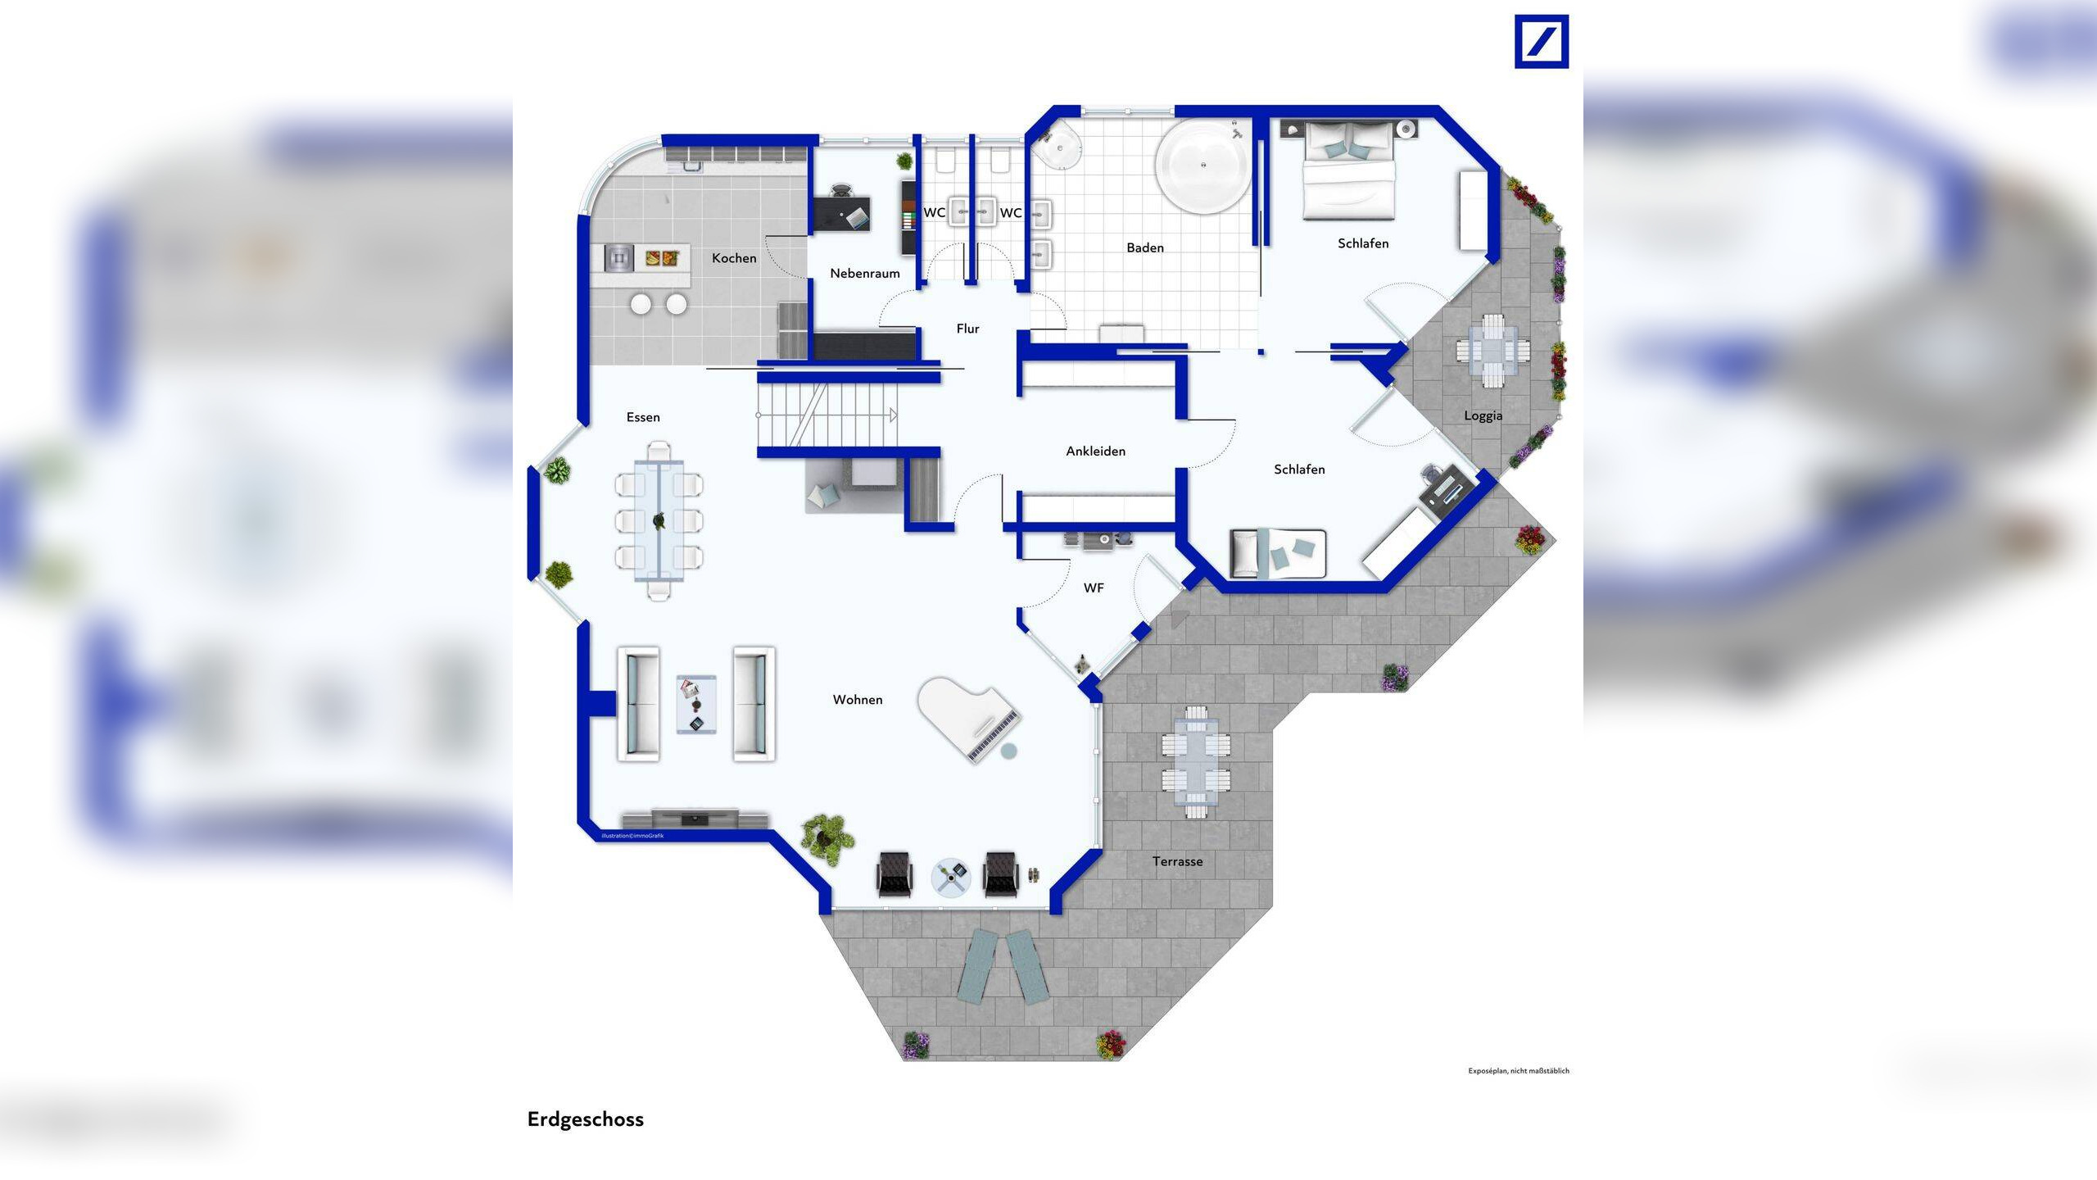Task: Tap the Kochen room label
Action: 734,258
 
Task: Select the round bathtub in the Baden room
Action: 1202,166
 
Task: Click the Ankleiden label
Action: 1095,452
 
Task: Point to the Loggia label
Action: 1483,415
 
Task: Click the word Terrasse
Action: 1177,861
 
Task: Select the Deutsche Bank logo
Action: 1541,41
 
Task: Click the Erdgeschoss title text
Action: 585,1119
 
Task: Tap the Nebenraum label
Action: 864,274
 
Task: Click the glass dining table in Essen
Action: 659,520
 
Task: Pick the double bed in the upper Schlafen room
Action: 1348,172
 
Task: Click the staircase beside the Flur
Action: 827,415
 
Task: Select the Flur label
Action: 967,329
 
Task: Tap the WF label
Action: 1094,588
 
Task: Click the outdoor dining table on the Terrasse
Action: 1196,762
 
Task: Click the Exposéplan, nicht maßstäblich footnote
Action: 1518,1071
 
